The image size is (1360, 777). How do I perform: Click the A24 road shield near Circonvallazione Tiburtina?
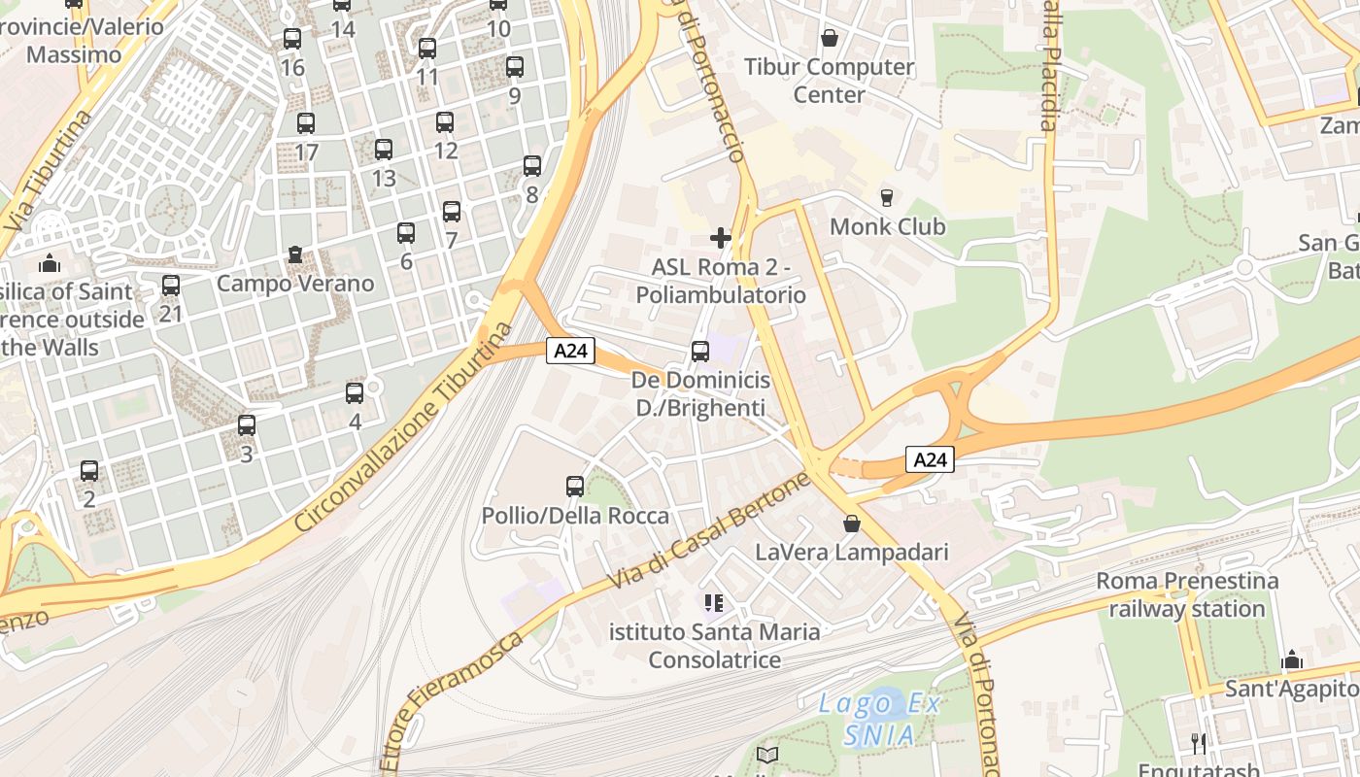[x=569, y=351]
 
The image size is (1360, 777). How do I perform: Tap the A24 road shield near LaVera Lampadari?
[x=930, y=459]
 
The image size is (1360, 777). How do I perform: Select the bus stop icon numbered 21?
[x=171, y=286]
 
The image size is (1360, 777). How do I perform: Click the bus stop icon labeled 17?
[x=306, y=123]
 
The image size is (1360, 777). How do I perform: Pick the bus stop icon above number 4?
[x=355, y=393]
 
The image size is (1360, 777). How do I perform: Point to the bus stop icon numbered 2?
[x=89, y=471]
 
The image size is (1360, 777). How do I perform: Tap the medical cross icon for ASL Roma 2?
[x=721, y=238]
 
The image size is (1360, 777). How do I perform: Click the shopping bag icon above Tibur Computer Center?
[x=830, y=38]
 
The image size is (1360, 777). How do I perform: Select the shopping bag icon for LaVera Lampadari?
[x=852, y=524]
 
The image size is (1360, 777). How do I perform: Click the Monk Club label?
[x=887, y=226]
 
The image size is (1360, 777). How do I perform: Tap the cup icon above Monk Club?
[x=886, y=198]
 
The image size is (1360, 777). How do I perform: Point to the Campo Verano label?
[x=295, y=284]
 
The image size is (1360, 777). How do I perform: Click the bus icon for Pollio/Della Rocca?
[x=575, y=486]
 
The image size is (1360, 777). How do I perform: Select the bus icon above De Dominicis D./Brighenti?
[x=700, y=352]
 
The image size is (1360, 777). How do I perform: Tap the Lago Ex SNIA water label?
[x=878, y=719]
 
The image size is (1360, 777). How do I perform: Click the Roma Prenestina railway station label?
[x=1187, y=594]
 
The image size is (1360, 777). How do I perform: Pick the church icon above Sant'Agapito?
[x=1291, y=660]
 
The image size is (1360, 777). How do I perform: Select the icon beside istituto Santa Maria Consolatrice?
[x=714, y=603]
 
